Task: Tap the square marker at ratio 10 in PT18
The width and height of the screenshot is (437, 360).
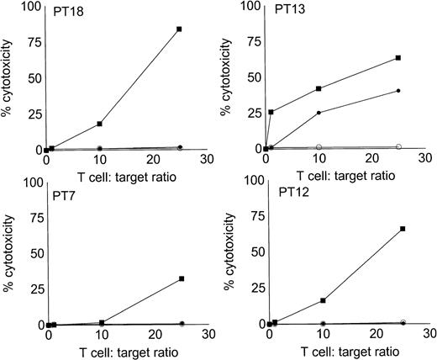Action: click(100, 124)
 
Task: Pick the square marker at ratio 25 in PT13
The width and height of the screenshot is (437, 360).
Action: click(398, 57)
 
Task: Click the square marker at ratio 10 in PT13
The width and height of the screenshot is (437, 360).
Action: click(319, 88)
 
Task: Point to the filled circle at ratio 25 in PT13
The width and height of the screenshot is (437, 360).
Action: click(398, 91)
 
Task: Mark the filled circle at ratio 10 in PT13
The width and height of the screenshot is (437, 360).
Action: click(319, 113)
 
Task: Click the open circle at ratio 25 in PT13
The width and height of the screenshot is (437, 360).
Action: click(398, 147)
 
